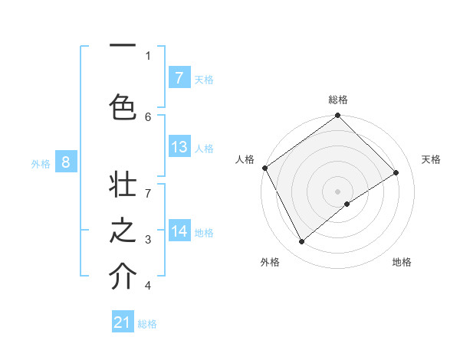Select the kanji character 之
(123, 233)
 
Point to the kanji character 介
(123, 276)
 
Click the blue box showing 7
(179, 77)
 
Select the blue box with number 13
(179, 147)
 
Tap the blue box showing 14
(179, 231)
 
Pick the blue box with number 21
(123, 322)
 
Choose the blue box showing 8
(66, 162)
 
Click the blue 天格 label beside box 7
(204, 79)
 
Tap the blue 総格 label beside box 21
(148, 324)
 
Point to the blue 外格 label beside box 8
(41, 163)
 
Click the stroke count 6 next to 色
(148, 116)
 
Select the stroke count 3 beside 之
(148, 240)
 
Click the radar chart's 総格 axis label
(338, 100)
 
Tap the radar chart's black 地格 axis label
(402, 262)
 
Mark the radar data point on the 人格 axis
(264, 168)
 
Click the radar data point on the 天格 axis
(396, 172)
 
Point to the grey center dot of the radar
(337, 190)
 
